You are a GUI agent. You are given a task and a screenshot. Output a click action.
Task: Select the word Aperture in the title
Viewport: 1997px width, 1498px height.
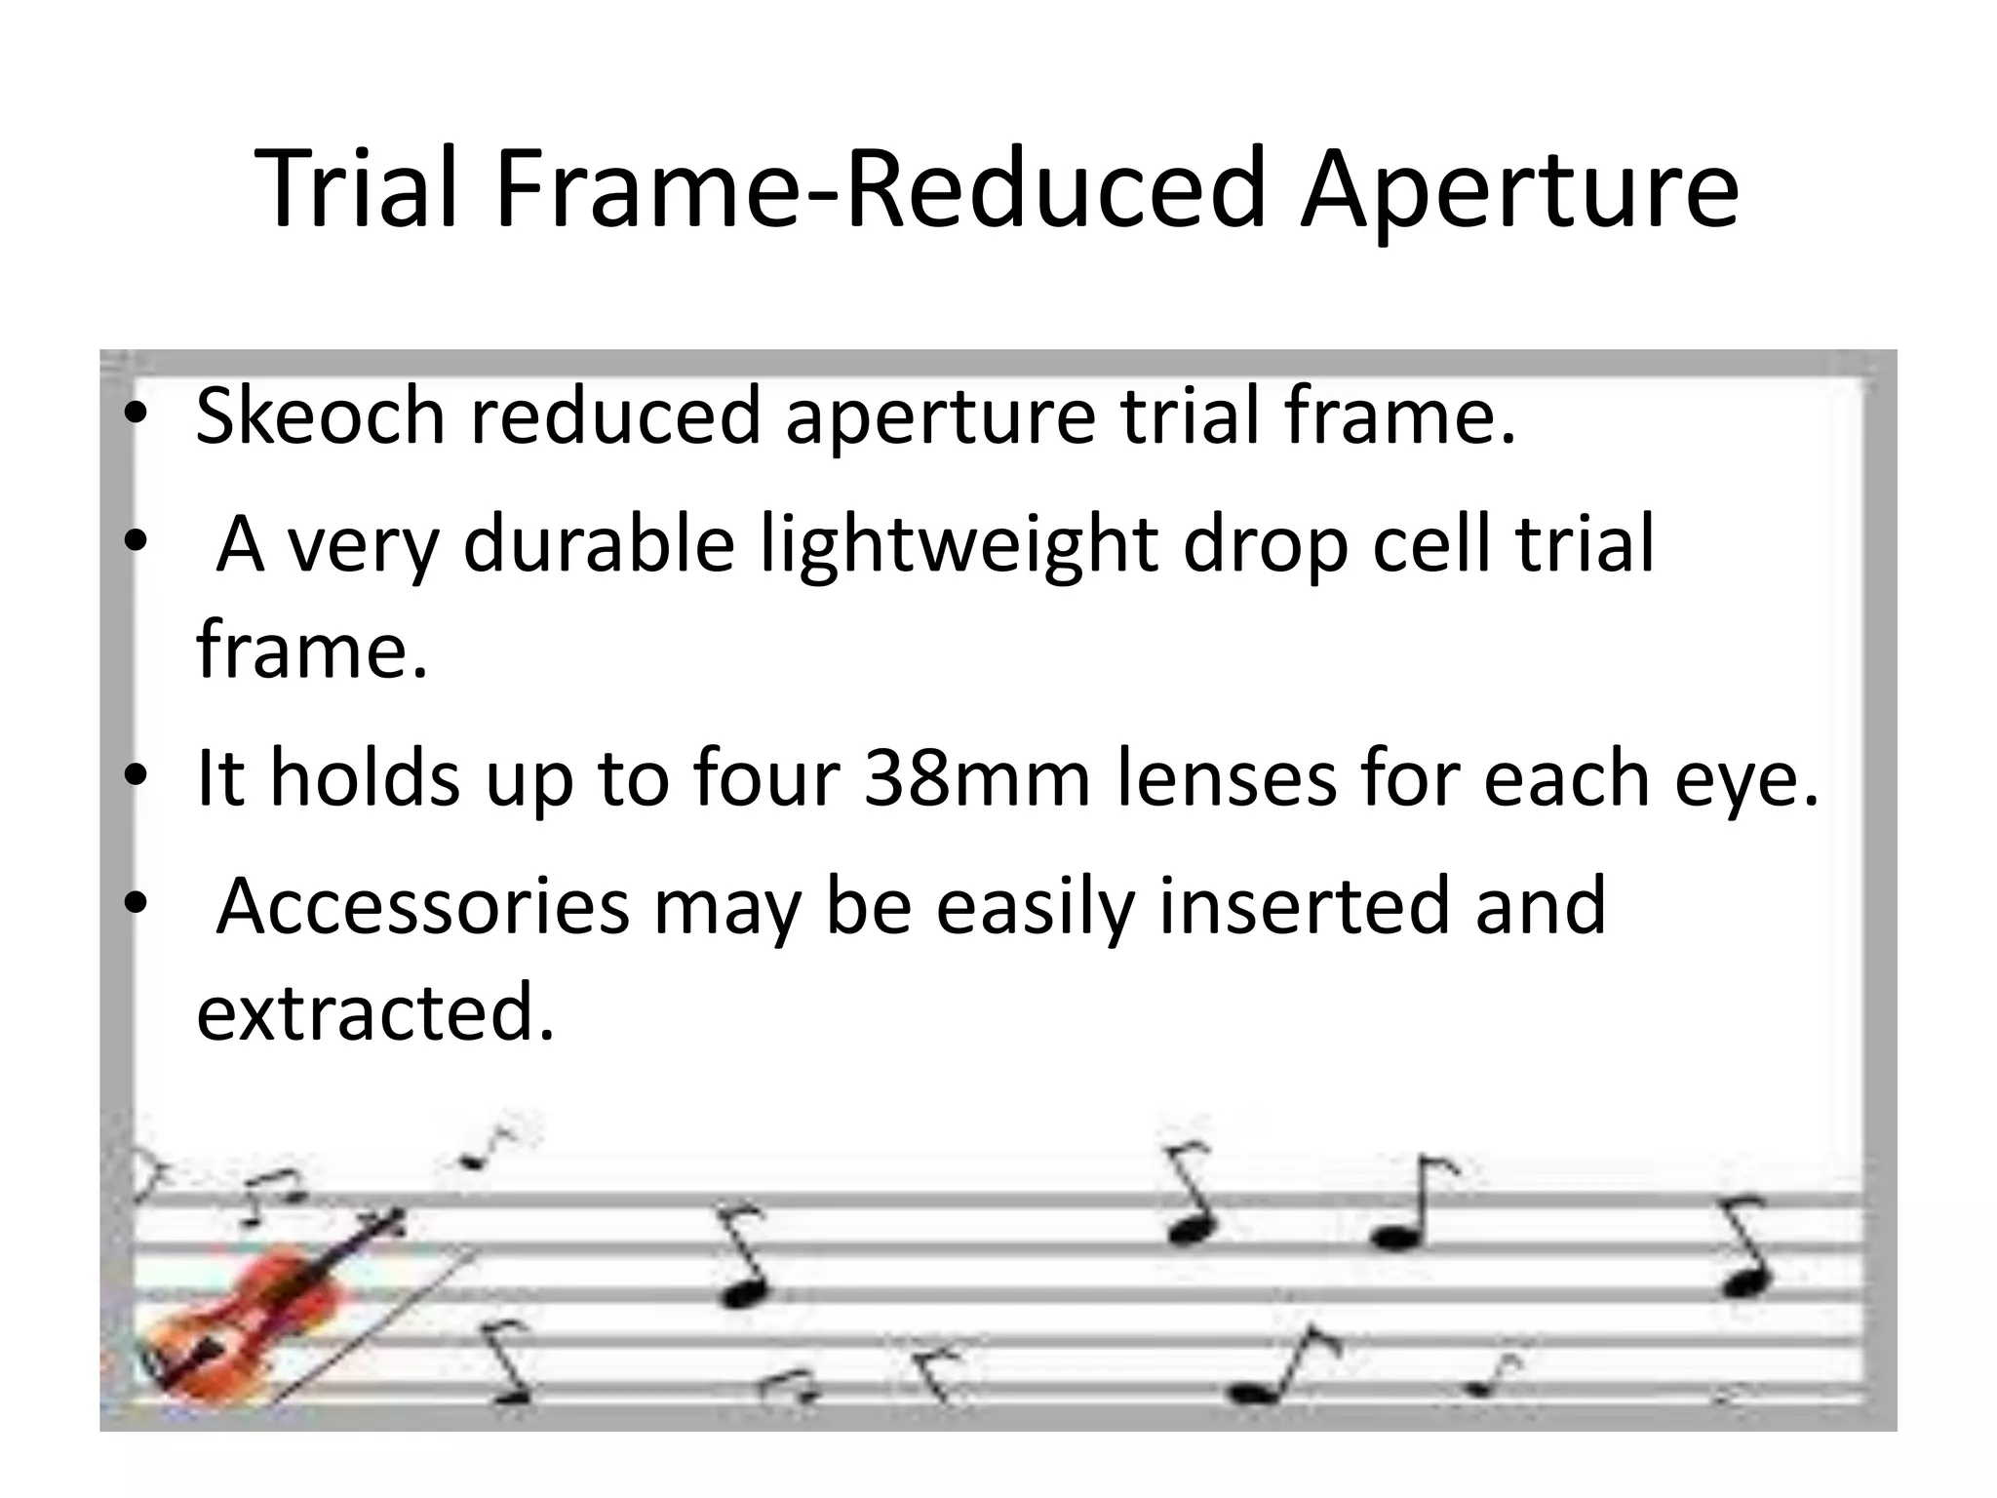click(1519, 190)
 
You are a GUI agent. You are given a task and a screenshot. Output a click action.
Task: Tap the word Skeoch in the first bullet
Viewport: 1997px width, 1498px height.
click(320, 415)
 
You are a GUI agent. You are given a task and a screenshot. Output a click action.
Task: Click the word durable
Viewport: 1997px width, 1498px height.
click(599, 543)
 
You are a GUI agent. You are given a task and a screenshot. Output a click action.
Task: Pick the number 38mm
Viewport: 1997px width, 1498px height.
click(976, 778)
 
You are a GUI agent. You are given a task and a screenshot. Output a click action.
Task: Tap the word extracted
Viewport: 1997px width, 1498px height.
click(373, 1012)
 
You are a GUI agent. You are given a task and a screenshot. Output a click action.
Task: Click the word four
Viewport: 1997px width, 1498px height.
click(766, 778)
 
